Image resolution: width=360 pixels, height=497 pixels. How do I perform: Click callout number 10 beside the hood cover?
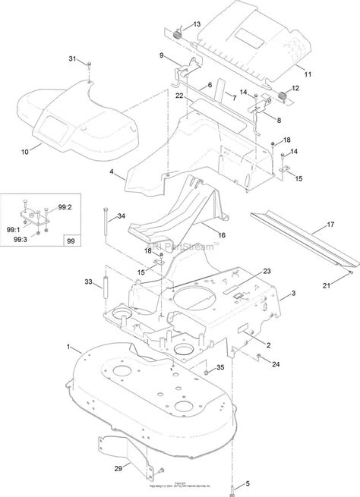[24, 152]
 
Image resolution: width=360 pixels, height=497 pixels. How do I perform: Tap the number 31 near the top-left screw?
[73, 59]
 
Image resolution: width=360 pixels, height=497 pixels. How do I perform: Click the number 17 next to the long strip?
[330, 224]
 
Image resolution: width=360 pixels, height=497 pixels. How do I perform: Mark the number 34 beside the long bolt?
[122, 217]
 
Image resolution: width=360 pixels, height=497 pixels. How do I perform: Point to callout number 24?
[276, 363]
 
